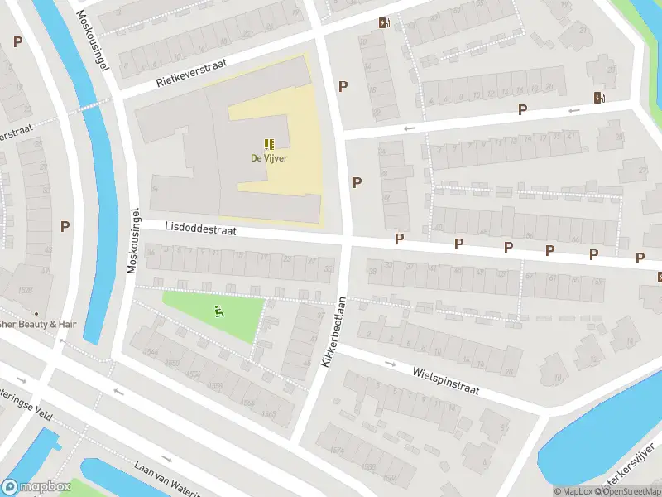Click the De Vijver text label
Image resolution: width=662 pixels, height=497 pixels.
(x=269, y=159)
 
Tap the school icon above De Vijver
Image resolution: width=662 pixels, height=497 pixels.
(x=269, y=144)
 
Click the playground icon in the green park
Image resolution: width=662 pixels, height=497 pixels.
(x=218, y=311)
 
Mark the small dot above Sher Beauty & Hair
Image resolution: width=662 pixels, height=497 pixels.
(x=36, y=313)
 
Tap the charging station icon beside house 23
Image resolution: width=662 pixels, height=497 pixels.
(x=598, y=98)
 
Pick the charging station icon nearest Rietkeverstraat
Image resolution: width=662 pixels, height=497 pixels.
(x=382, y=23)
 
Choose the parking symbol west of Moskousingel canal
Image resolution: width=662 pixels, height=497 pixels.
(x=65, y=225)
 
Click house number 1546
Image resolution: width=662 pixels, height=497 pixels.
(x=151, y=352)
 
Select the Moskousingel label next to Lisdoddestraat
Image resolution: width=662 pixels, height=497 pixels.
(x=132, y=240)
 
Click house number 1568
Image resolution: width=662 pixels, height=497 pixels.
(x=268, y=414)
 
